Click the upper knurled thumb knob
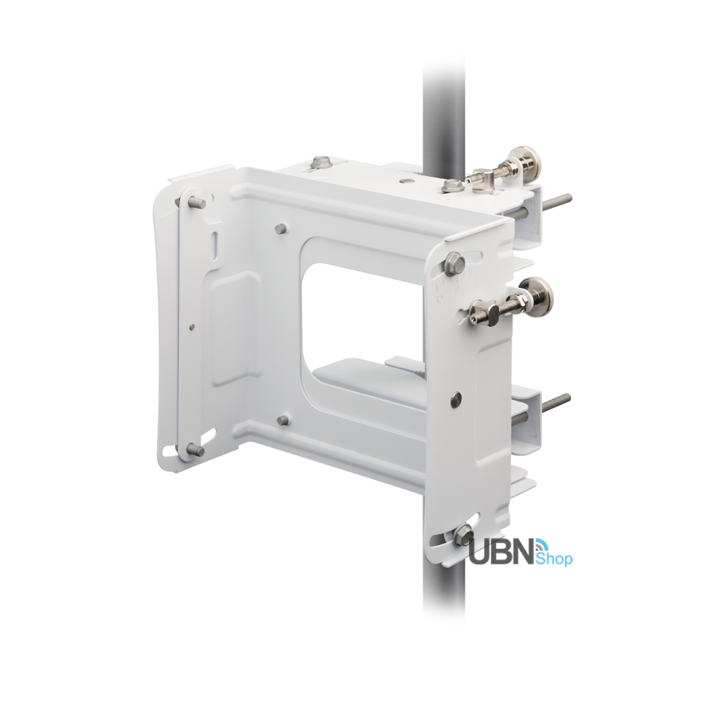click(x=527, y=164)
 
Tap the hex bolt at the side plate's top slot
click(x=454, y=264)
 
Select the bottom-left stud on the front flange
click(x=198, y=450)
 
